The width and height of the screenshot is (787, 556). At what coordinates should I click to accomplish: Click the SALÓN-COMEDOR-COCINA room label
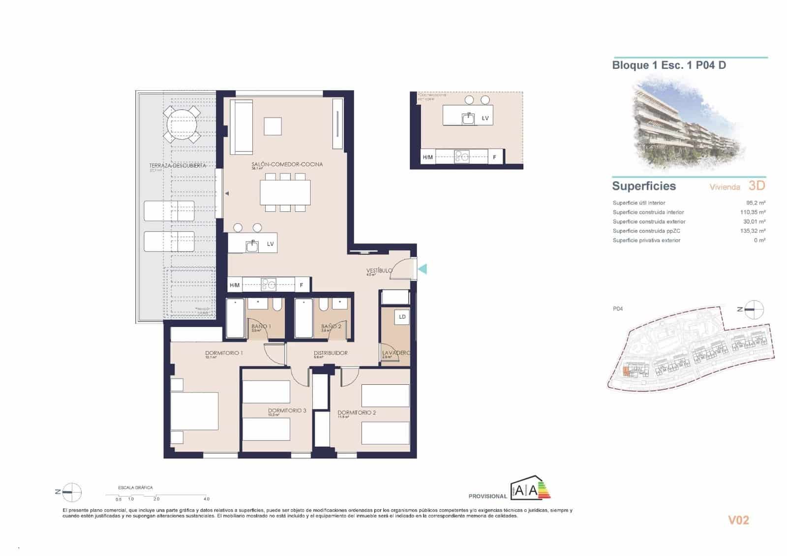coord(287,164)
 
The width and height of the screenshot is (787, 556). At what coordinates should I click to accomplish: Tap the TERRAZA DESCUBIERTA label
coord(177,166)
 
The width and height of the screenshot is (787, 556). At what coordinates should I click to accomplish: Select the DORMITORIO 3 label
coord(287,410)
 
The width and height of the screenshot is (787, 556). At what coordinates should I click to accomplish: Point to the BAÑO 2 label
coord(331,326)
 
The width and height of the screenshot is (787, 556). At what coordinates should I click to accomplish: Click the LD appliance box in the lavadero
coord(402,317)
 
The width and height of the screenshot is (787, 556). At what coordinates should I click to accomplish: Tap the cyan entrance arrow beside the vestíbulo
coord(422,269)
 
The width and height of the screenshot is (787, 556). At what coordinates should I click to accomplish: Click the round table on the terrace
coord(182,124)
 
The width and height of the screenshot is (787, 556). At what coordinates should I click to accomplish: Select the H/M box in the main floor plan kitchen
coord(235,285)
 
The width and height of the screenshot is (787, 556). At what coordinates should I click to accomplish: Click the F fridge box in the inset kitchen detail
coord(494,157)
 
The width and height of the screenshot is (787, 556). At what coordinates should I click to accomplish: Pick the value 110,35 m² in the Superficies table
coord(753,212)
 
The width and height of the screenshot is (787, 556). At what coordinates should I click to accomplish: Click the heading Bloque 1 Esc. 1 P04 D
coord(668,65)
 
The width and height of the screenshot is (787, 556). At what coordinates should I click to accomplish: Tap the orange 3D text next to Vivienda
coord(757,185)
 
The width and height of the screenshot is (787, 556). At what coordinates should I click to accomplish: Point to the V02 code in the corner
coord(738,520)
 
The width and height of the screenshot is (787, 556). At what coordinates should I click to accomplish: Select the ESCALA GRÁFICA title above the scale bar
coord(135,488)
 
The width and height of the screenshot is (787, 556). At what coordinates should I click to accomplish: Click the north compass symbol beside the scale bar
coord(72,492)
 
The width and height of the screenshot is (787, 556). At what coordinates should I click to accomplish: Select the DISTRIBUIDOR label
coord(331,353)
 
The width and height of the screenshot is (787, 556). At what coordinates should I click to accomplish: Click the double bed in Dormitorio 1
coord(194,411)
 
